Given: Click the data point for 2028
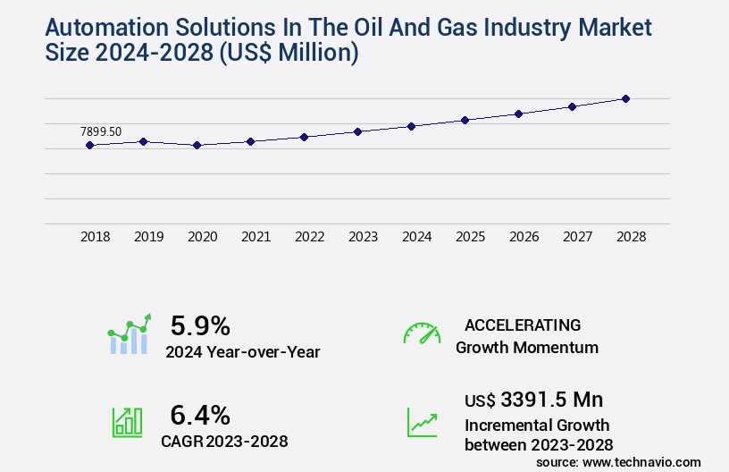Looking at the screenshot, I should pos(625,98).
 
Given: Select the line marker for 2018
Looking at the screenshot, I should pos(89,145).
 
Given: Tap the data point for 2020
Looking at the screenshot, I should pos(197,145).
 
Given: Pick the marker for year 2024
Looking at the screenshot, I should pos(411,126).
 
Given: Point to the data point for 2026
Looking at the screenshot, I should pos(518,114).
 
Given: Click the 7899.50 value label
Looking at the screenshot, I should pos(101,131).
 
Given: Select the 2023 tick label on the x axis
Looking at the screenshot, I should pos(363,237).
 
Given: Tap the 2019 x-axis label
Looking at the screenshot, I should pos(148,237).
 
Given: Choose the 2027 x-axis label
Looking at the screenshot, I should pos(577,237).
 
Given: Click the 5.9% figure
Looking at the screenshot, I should pos(200,324).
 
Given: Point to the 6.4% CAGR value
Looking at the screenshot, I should pos(200,415).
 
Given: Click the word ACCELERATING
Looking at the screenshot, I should pos(523,324).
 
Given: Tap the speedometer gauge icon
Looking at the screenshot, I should pos(422,333).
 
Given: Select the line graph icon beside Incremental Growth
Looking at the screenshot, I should pos(422,422).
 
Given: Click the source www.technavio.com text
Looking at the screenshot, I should pos(618,461).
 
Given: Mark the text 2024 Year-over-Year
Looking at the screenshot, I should pos(242,352).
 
